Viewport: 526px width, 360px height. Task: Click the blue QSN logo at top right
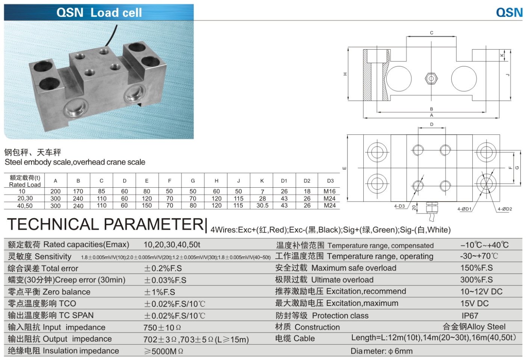pyautogui.click(x=509, y=12)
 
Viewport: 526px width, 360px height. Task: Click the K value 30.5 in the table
pyautogui.click(x=262, y=205)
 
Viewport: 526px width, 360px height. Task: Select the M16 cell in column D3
pyautogui.click(x=330, y=191)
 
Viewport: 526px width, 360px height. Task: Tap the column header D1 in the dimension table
pyautogui.click(x=284, y=181)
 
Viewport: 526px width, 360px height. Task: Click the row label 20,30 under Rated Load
pyautogui.click(x=25, y=198)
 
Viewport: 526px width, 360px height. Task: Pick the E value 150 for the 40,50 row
pyautogui.click(x=147, y=205)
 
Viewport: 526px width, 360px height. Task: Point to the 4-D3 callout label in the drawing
pyautogui.click(x=399, y=206)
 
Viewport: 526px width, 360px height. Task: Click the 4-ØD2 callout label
pyautogui.click(x=505, y=209)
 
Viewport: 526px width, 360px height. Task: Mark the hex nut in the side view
pyautogui.click(x=431, y=78)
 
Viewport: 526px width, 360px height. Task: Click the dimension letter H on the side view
pyautogui.click(x=345, y=74)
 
